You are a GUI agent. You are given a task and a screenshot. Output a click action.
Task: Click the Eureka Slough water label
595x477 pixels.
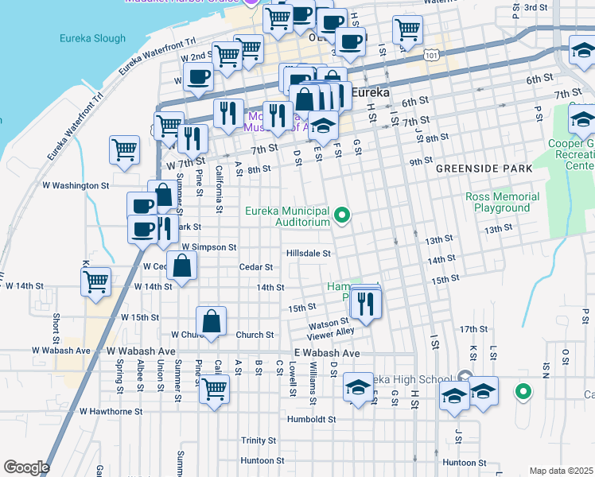[92, 38]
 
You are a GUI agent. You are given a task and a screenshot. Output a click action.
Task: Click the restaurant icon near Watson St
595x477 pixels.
[366, 303]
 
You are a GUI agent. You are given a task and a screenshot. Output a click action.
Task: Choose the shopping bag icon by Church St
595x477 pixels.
[212, 322]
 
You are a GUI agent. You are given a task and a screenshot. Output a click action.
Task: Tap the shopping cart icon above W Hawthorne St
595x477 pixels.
[215, 390]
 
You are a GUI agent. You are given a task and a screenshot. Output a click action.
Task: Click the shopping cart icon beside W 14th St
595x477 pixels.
[96, 281]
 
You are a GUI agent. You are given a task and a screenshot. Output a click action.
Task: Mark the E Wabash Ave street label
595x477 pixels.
[327, 353]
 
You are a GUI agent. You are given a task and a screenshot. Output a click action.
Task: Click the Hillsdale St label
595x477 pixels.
[309, 254]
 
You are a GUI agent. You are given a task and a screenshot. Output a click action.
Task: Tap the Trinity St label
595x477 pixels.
[259, 440]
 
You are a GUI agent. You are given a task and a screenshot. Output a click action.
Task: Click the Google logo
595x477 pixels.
[25, 467]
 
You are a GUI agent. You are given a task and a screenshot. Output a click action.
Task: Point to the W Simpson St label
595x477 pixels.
[210, 247]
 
